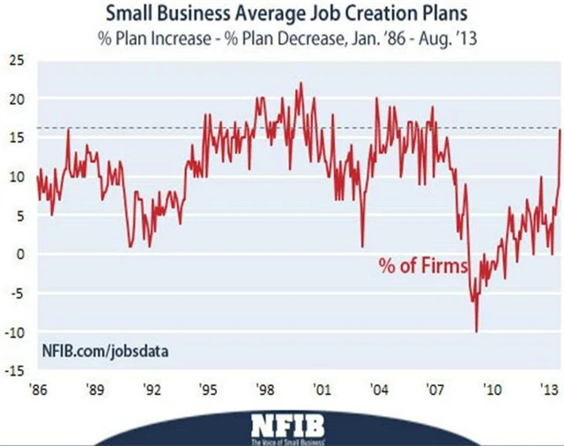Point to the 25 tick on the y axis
(17, 60)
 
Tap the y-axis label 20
(17, 99)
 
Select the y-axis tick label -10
(15, 331)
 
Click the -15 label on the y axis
(15, 370)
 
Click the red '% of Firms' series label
(422, 264)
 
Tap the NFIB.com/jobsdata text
(105, 351)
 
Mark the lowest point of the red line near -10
(477, 331)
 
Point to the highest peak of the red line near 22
(301, 84)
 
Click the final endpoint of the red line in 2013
(561, 130)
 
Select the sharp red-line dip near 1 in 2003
(362, 246)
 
